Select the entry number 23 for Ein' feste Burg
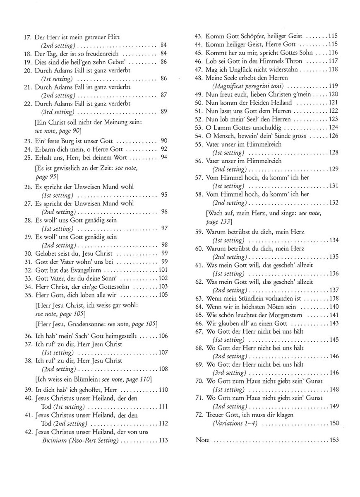click(x=27, y=141)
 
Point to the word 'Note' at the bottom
click(x=202, y=440)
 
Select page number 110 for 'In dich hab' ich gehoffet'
click(x=163, y=390)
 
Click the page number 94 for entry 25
click(x=164, y=158)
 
